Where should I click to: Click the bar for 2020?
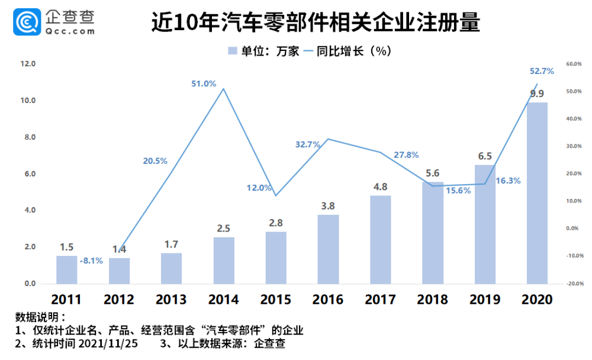point(537,193)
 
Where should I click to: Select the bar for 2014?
point(224,261)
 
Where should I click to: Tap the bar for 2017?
point(381,240)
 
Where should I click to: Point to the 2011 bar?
point(67,269)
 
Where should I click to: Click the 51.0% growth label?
point(203,83)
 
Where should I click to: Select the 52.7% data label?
point(541,71)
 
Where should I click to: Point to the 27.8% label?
point(406,155)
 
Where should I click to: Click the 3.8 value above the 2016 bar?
point(328,205)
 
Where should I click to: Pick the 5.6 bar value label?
point(432,173)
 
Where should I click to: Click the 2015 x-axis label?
point(276,299)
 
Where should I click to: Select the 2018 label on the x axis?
point(433,299)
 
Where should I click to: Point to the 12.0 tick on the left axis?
point(28,64)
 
